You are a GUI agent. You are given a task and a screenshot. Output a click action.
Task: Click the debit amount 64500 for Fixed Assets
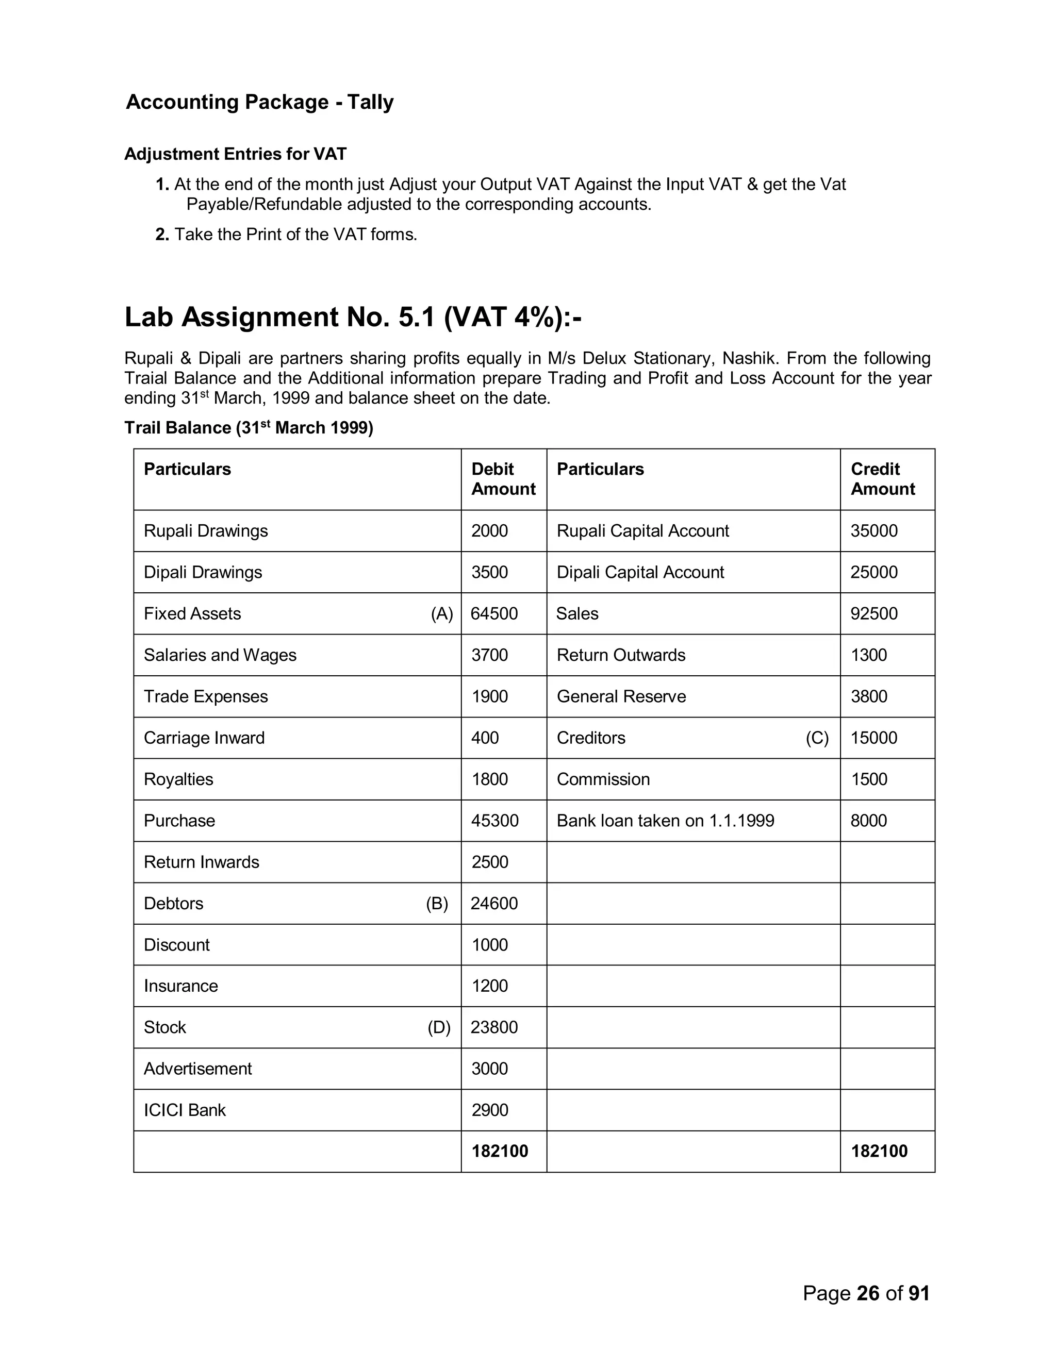(493, 613)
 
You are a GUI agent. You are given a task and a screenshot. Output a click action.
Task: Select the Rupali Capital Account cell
(642, 531)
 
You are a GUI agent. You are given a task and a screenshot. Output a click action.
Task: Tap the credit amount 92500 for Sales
(873, 613)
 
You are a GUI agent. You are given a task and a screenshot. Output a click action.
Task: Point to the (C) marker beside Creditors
(816, 738)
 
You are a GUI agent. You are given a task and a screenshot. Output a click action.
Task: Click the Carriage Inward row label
(204, 738)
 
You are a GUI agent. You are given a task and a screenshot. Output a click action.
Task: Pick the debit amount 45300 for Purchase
(494, 821)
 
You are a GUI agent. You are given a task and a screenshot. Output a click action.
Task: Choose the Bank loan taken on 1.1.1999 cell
(665, 821)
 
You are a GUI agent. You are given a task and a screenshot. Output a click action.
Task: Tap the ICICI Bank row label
(185, 1110)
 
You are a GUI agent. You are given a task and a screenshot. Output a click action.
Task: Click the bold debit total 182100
(499, 1152)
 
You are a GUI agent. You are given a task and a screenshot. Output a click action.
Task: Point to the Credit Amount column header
(882, 479)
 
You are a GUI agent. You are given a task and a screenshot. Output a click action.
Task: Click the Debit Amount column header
(503, 479)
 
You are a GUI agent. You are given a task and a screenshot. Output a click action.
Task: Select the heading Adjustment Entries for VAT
(235, 154)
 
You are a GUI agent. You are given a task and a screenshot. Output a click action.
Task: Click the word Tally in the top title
(370, 102)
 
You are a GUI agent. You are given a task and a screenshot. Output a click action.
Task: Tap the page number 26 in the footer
(868, 1293)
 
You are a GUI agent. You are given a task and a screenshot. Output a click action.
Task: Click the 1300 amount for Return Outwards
(868, 655)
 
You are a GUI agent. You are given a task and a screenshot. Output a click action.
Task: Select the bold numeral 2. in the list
(162, 235)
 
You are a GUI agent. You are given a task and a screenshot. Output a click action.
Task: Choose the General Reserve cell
(621, 697)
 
